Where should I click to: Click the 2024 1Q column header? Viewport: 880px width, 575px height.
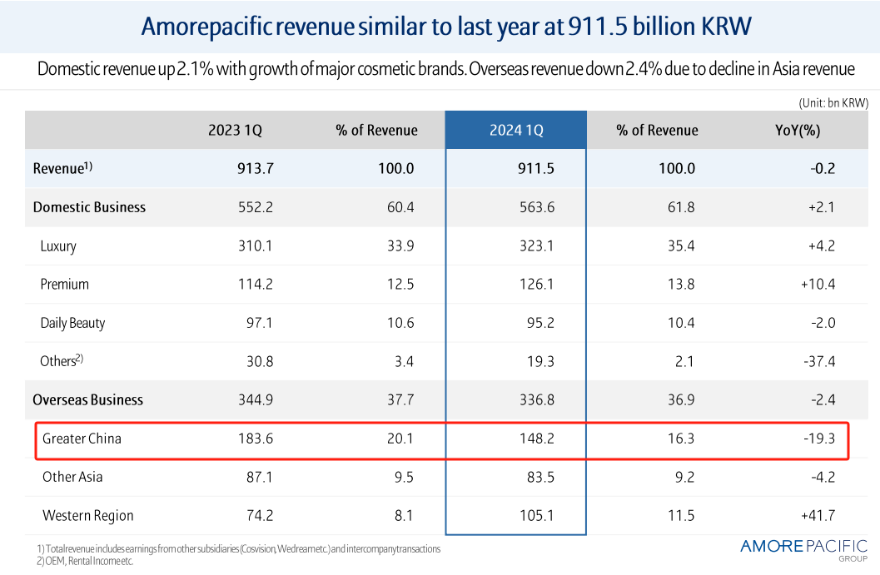(x=516, y=130)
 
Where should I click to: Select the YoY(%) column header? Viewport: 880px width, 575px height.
(x=798, y=130)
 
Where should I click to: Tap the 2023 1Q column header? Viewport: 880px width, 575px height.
(x=235, y=130)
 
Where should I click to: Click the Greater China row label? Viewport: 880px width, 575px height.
(x=82, y=439)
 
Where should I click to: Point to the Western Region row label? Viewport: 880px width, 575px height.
(x=87, y=516)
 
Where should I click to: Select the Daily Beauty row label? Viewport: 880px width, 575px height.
(x=72, y=323)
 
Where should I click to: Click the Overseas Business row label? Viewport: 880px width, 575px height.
(x=87, y=399)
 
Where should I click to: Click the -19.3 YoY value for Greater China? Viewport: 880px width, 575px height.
(x=819, y=439)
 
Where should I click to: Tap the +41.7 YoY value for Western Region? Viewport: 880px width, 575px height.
(x=818, y=516)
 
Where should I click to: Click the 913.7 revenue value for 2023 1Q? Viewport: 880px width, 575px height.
(x=255, y=168)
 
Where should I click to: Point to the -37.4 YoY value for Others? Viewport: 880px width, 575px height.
(x=819, y=361)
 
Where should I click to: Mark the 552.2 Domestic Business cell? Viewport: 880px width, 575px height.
(x=255, y=207)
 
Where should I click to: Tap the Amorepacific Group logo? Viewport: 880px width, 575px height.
(x=803, y=548)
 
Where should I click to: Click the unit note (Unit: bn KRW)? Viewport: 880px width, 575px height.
(x=833, y=102)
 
